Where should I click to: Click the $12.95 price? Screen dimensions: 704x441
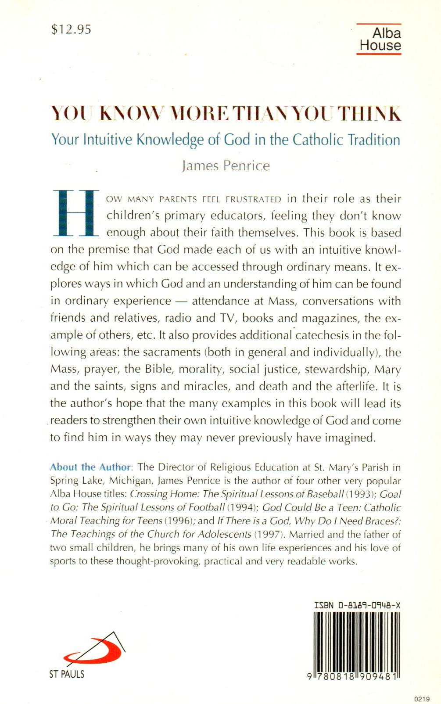[71, 29]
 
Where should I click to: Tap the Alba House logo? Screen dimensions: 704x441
[380, 40]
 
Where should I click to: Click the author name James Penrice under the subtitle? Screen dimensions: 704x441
[226, 165]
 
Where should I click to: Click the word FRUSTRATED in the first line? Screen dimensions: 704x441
[253, 199]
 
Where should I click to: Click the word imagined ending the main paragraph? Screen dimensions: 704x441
[350, 438]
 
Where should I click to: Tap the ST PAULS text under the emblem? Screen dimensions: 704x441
[67, 674]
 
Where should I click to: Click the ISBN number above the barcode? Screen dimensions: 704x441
[357, 605]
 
